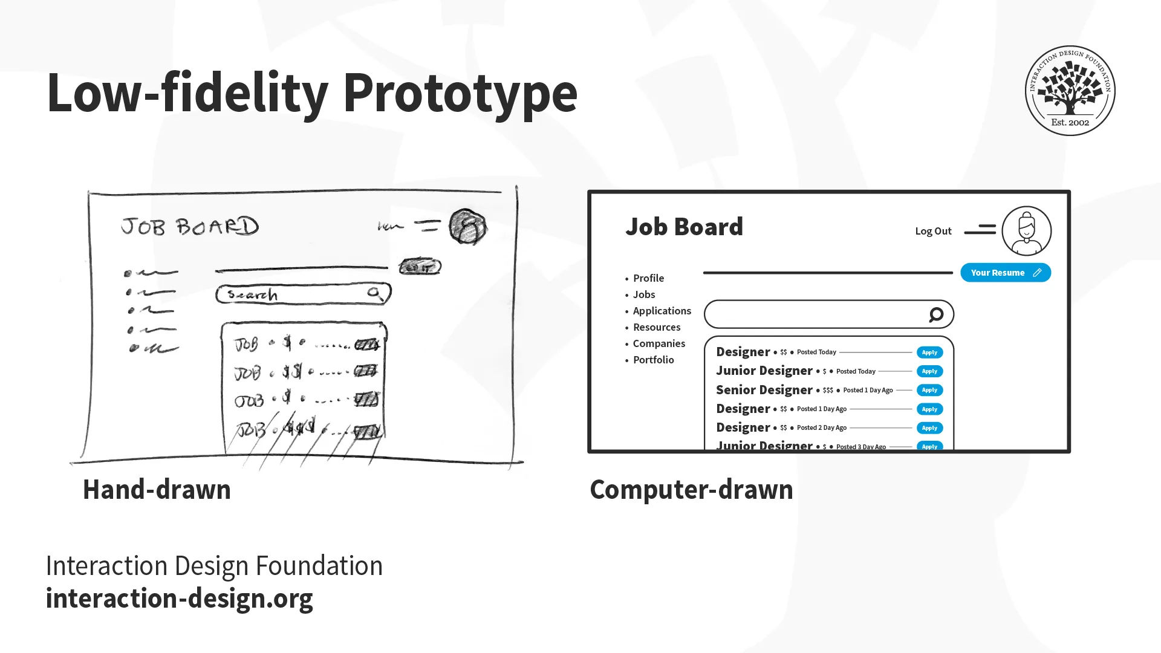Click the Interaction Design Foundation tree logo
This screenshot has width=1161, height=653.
pyautogui.click(x=1070, y=91)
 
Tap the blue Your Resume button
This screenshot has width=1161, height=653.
pyautogui.click(x=1005, y=273)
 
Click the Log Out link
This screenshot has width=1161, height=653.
pyautogui.click(x=933, y=231)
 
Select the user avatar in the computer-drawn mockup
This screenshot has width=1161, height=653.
pyautogui.click(x=1026, y=231)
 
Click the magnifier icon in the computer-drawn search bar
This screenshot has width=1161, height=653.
pyautogui.click(x=936, y=314)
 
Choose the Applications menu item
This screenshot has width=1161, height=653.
pyautogui.click(x=662, y=311)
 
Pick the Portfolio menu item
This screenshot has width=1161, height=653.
pyautogui.click(x=653, y=360)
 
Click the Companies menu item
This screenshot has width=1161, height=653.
pyautogui.click(x=659, y=343)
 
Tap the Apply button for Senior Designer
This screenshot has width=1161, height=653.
pyautogui.click(x=929, y=390)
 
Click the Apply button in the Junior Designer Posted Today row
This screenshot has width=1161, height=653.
pyautogui.click(x=929, y=371)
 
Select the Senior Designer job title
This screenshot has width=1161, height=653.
pyautogui.click(x=764, y=390)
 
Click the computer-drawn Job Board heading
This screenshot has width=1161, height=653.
pyautogui.click(x=684, y=227)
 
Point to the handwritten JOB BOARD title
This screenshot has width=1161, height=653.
pyautogui.click(x=190, y=227)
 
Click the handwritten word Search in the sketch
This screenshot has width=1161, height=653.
pyautogui.click(x=253, y=295)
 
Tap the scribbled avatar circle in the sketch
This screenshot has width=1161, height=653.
pyautogui.click(x=467, y=227)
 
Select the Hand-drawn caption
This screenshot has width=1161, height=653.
pyautogui.click(x=157, y=489)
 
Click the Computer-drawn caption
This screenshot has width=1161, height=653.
pyautogui.click(x=691, y=489)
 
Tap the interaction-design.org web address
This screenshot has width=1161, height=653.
pyautogui.click(x=180, y=598)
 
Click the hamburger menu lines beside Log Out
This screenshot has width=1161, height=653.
pyautogui.click(x=980, y=230)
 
